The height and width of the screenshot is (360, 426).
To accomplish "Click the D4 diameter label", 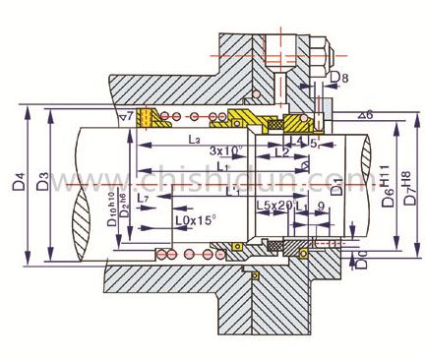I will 16,182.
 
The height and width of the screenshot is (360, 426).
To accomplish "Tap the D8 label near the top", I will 338,77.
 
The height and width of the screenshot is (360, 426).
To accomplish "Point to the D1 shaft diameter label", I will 336,182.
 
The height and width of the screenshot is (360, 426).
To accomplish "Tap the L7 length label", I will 145,199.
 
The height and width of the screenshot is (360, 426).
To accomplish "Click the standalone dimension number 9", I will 322,205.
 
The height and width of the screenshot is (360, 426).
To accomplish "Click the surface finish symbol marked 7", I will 130,118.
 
